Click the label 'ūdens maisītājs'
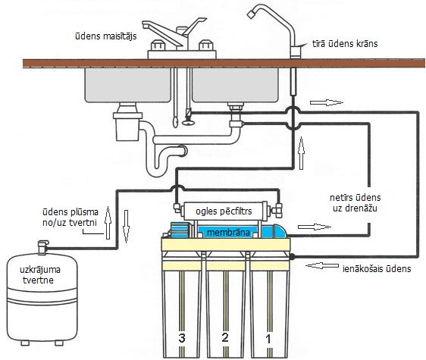coord(105,36)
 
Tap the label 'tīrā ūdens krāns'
coord(345,44)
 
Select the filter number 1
coord(268,339)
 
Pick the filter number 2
coord(225,337)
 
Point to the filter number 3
coord(182,338)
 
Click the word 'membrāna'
coord(228,233)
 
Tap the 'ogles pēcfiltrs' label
coord(224,211)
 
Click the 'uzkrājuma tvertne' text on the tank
coord(39,274)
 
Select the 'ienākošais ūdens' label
coord(377,269)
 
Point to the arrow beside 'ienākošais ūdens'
coord(322,265)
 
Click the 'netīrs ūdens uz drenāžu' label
coord(355,202)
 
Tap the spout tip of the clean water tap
coord(251,14)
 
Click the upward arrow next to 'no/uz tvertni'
coord(108,223)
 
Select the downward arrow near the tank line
coord(126,226)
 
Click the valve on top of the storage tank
coord(42,247)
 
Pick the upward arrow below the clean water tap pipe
coord(301,153)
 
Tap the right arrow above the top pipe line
coord(327,103)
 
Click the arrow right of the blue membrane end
coord(315,227)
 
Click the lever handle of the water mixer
coord(195,26)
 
